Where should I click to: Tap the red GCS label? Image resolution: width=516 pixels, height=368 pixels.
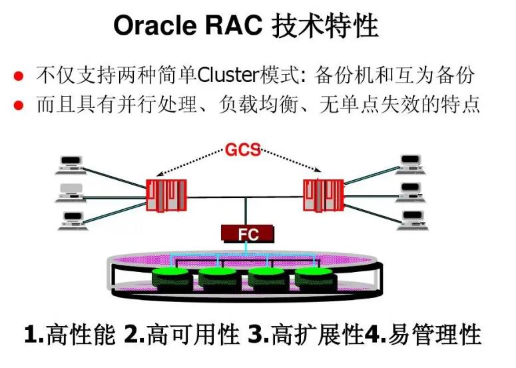click(x=242, y=150)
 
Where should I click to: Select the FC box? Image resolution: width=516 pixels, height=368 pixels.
click(x=248, y=233)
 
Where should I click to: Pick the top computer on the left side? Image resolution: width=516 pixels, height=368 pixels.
click(x=70, y=163)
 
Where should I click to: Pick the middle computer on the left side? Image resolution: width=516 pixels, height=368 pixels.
click(x=70, y=192)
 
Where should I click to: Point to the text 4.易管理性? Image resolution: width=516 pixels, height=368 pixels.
click(x=422, y=335)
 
